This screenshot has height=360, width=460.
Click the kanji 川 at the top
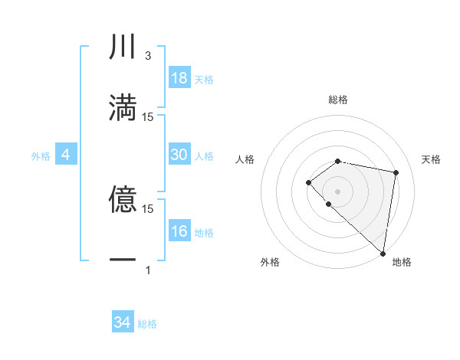pyautogui.click(x=123, y=47)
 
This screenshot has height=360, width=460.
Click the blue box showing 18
pyautogui.click(x=179, y=77)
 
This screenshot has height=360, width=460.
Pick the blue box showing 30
pyautogui.click(x=179, y=155)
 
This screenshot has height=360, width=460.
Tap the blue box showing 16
pyautogui.click(x=179, y=231)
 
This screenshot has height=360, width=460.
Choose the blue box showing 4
pyautogui.click(x=66, y=155)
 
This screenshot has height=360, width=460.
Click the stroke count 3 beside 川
pyautogui.click(x=148, y=56)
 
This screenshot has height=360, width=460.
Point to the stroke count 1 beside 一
pyautogui.click(x=148, y=270)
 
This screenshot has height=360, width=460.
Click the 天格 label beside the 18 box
pyautogui.click(x=204, y=79)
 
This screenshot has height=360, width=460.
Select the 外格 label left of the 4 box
pyautogui.click(x=41, y=156)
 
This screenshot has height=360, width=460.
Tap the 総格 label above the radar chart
pyautogui.click(x=338, y=100)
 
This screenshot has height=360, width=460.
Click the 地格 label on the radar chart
pyautogui.click(x=402, y=263)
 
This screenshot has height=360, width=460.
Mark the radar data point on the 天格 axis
pyautogui.click(x=396, y=172)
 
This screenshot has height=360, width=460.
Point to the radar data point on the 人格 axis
pyautogui.click(x=308, y=182)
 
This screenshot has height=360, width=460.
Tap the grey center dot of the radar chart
pyautogui.click(x=338, y=191)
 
